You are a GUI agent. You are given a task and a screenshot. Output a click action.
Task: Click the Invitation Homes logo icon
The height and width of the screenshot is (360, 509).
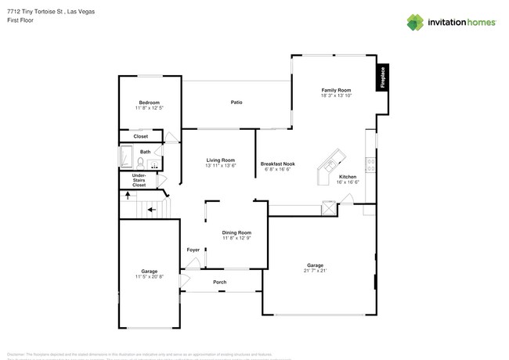[415, 22]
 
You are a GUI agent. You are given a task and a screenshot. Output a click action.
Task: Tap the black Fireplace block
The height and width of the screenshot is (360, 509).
[383, 77]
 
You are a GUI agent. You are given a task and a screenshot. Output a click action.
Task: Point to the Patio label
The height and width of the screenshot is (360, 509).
[236, 103]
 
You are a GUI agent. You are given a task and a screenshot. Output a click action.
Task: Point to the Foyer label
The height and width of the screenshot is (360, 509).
[193, 250]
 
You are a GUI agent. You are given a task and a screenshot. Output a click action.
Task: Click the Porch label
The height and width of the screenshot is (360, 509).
[220, 283]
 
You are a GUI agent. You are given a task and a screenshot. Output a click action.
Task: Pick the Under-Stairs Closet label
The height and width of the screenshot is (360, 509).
[139, 181]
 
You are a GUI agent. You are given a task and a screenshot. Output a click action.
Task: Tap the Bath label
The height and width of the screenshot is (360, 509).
[145, 152]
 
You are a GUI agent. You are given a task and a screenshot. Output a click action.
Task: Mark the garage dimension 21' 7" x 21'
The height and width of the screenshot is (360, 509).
[316, 271]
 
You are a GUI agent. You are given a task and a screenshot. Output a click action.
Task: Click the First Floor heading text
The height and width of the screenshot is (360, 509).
[16, 21]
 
